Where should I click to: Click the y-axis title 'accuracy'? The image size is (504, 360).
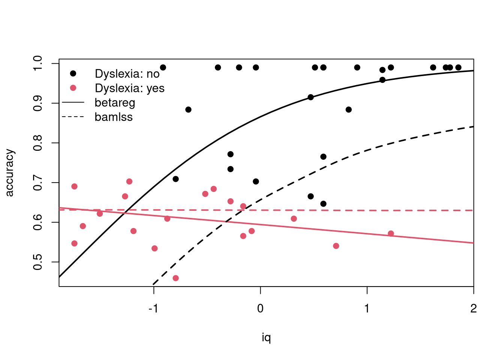pos(10,173)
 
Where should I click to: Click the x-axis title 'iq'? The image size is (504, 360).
pos(266,338)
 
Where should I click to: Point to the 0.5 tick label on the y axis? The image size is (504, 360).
pos(37,262)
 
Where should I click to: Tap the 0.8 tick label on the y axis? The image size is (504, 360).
pos(37,143)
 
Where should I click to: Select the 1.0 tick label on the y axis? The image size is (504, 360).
pos(37,63)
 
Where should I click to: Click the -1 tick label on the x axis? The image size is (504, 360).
pos(153,309)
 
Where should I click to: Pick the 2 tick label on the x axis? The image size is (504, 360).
pos(473,309)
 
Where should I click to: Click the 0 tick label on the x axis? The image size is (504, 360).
pos(260,309)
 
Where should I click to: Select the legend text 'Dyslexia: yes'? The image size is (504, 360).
pos(130,88)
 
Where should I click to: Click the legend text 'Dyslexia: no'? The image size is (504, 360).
pos(127,74)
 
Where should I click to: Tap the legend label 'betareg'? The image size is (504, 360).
pos(115,103)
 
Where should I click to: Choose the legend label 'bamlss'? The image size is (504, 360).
pos(114,117)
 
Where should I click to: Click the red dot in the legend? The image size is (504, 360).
pos(73,88)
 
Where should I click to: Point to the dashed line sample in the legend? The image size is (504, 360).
pos(73,117)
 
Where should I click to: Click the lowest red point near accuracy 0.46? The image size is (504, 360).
pos(176,278)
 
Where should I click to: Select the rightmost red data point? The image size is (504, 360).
pos(391,234)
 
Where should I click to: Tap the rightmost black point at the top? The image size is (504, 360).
pos(458,67)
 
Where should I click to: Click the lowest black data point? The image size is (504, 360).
pos(323,204)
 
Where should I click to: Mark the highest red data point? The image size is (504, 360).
pos(129,181)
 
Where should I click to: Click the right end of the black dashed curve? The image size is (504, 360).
pos(474,127)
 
